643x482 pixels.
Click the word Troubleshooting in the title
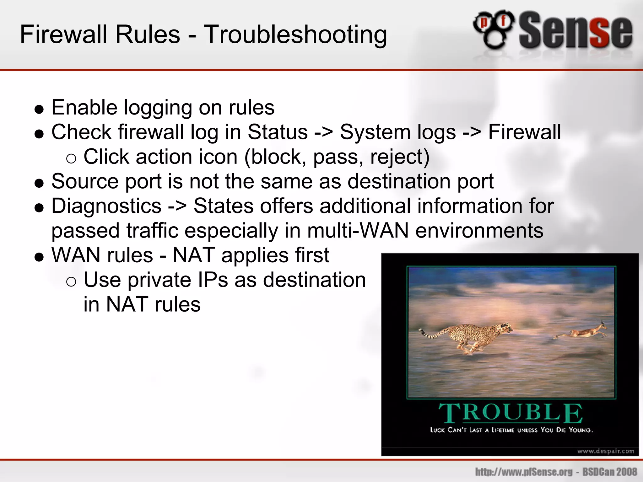point(295,35)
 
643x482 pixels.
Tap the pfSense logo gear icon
point(494,30)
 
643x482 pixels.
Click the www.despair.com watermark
point(606,451)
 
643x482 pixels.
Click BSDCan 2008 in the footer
point(610,472)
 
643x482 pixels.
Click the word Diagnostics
point(106,206)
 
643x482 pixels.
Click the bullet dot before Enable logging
point(39,110)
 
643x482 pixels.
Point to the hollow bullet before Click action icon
point(71,159)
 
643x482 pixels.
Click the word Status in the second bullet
point(278,132)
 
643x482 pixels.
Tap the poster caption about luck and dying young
point(511,430)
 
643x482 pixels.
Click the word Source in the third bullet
point(85,181)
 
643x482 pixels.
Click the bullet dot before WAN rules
point(39,257)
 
